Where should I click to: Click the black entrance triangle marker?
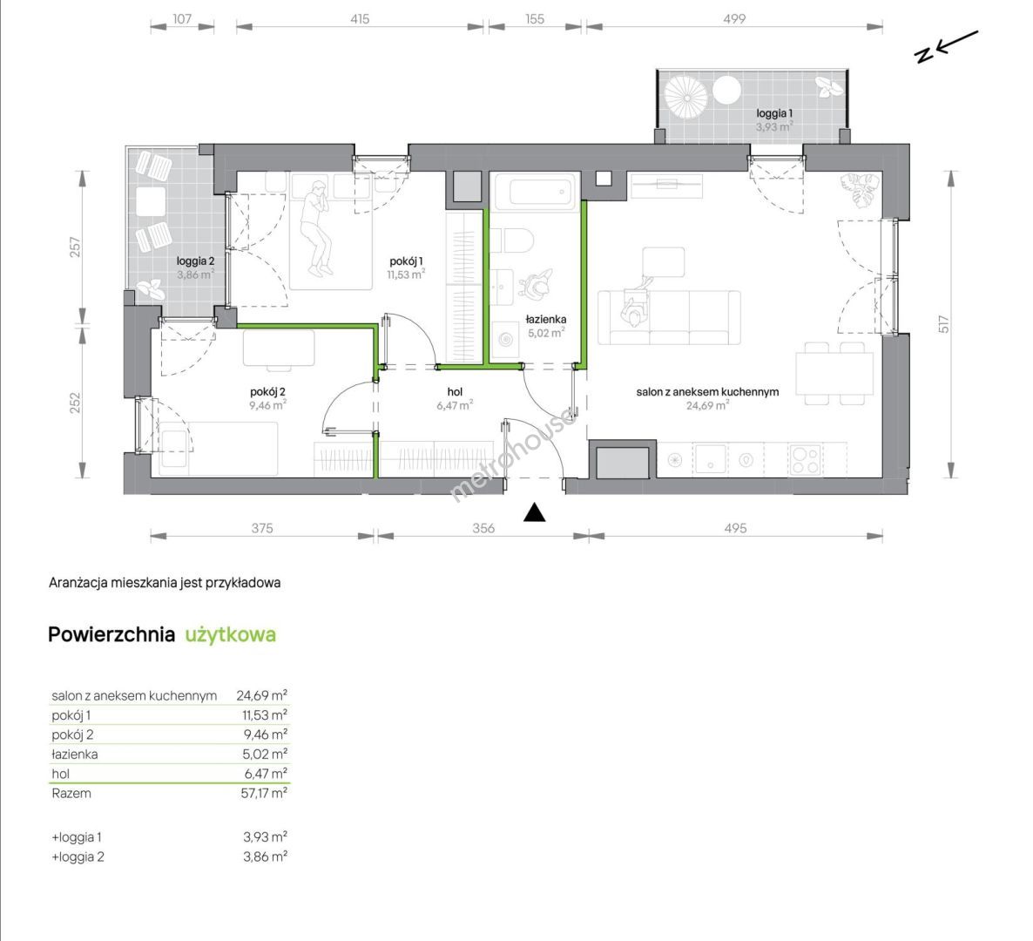coord(534,512)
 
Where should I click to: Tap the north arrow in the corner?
coord(948,46)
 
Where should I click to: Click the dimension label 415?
coord(360,19)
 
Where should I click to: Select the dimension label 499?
coord(734,19)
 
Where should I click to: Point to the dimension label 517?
coord(943,323)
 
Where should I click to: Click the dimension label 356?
coord(483,528)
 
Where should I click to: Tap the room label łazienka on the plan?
coord(546,320)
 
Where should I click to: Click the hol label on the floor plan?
coord(455,392)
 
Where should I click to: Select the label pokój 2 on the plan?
coord(267,392)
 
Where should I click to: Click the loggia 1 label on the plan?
coord(774,113)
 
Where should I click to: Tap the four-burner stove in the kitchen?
coord(805,459)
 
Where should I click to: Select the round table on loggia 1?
coord(726,91)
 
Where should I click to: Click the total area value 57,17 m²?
coord(264,793)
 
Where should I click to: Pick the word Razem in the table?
coord(71,794)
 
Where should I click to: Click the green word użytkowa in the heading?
coord(231,634)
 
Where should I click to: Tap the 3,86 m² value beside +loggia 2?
coord(265,856)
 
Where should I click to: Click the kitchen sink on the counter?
coord(710,458)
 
